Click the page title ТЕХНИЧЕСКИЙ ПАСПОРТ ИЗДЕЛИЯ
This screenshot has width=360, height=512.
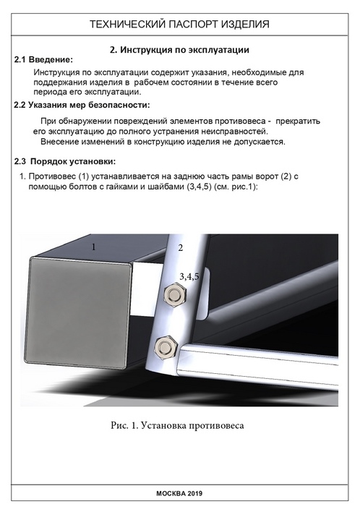coord(179,24)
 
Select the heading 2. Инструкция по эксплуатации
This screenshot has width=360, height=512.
coord(179,50)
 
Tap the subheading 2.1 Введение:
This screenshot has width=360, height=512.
coord(43,60)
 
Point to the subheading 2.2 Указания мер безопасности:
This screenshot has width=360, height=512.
coord(82,105)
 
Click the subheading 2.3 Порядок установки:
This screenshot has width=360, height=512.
coord(64,162)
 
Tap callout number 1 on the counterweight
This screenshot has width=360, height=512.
coord(94,247)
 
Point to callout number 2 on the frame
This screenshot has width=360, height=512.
coord(181,248)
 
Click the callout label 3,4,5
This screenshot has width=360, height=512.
coord(189,277)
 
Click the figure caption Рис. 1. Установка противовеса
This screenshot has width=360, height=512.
coord(177,425)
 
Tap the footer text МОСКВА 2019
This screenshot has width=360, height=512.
coord(179,493)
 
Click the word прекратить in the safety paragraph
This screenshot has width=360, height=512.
coord(298,121)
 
